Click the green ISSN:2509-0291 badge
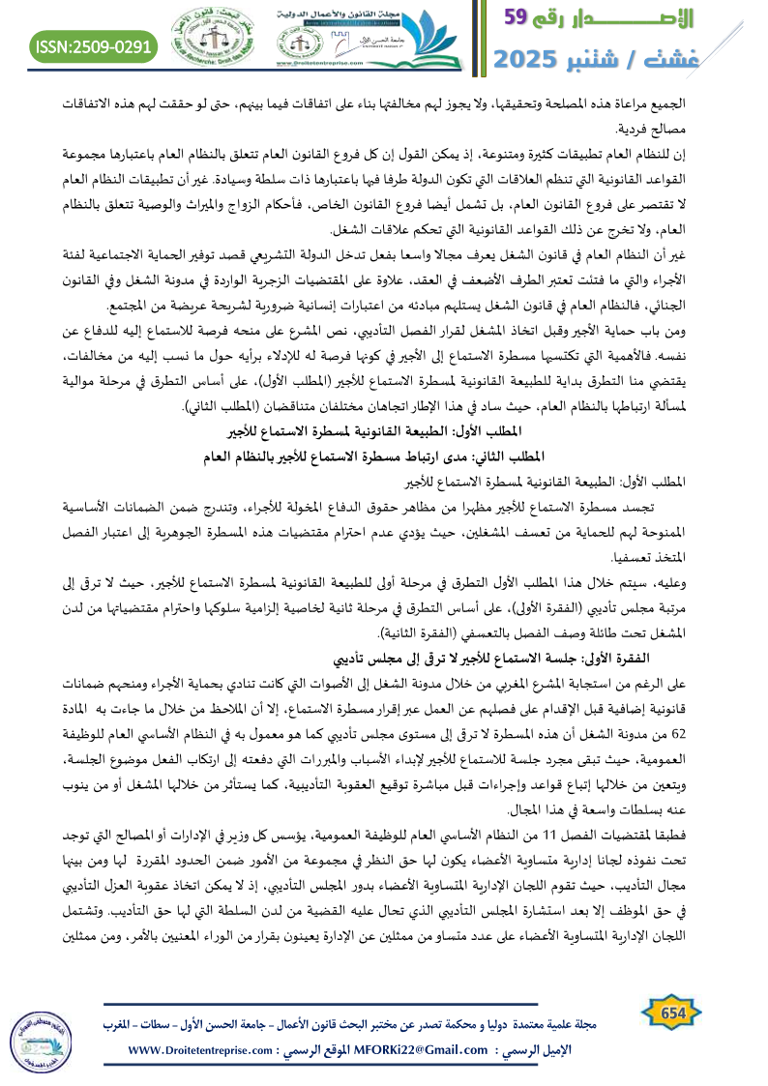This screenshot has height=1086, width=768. [x=93, y=46]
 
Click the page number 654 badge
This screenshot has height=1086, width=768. [x=667, y=1011]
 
